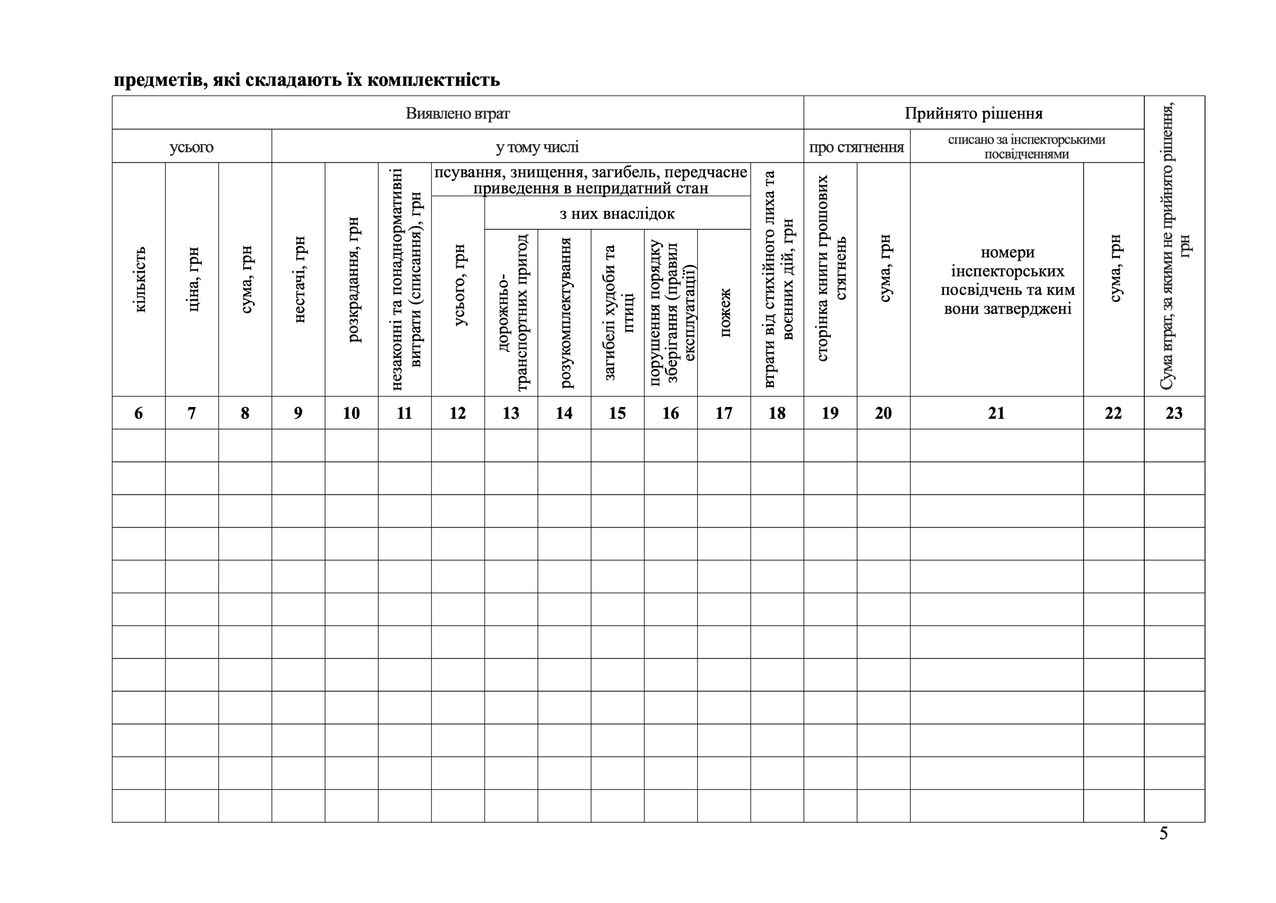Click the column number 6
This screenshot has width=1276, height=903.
[138, 413]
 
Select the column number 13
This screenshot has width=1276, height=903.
[511, 413]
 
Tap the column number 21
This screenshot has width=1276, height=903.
[996, 413]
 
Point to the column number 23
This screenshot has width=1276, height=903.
[1174, 413]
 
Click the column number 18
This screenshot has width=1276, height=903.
[777, 413]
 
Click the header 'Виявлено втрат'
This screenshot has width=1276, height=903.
[457, 113]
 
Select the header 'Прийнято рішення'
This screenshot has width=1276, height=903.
[974, 113]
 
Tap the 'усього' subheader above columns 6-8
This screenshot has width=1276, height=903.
[192, 147]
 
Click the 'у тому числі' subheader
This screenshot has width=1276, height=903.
[537, 147]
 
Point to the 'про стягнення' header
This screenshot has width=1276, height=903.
[856, 147]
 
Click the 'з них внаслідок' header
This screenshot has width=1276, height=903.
[617, 213]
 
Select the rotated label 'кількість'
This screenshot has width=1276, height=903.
[139, 279]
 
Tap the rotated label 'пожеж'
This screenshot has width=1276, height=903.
[725, 313]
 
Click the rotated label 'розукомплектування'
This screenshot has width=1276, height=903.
[565, 313]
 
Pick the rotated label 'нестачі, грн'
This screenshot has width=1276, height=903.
[299, 279]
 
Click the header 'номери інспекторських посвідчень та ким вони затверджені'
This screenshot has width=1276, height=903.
[1008, 280]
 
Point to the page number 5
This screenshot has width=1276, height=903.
[1163, 834]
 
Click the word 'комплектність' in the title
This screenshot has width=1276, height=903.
[433, 80]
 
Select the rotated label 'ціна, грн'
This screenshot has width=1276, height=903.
[193, 279]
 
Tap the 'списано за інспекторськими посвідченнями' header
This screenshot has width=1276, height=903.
[1026, 147]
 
